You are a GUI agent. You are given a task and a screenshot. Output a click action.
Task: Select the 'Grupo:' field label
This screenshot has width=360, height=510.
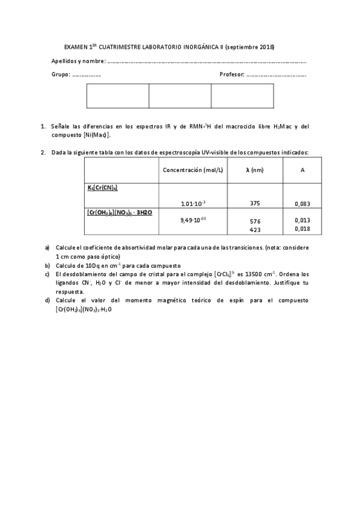[x=61, y=75]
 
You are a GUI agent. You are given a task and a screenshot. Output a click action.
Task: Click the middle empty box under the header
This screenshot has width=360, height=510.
[x=180, y=96]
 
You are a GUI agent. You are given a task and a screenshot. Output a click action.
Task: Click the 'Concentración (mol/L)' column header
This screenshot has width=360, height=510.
[x=193, y=170]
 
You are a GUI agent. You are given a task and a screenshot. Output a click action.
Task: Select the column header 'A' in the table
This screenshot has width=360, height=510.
[x=302, y=170]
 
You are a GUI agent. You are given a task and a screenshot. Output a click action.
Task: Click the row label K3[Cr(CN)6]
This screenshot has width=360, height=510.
[x=102, y=188]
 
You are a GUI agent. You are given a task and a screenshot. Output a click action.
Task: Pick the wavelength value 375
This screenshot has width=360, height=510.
[x=255, y=203]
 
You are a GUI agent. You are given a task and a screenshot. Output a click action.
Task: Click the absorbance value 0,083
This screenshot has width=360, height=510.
[x=302, y=204]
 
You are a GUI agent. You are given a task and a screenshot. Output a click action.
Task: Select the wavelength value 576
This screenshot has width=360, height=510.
[x=255, y=221]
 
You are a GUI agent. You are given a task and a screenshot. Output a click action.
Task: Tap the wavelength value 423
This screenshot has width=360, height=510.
[x=255, y=229]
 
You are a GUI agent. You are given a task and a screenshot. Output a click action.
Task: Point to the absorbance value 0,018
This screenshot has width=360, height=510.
[x=302, y=229]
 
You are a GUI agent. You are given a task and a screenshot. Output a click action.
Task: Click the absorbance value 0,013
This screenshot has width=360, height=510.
[x=302, y=220]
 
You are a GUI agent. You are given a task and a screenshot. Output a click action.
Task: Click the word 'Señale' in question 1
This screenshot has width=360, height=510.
[x=61, y=127]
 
